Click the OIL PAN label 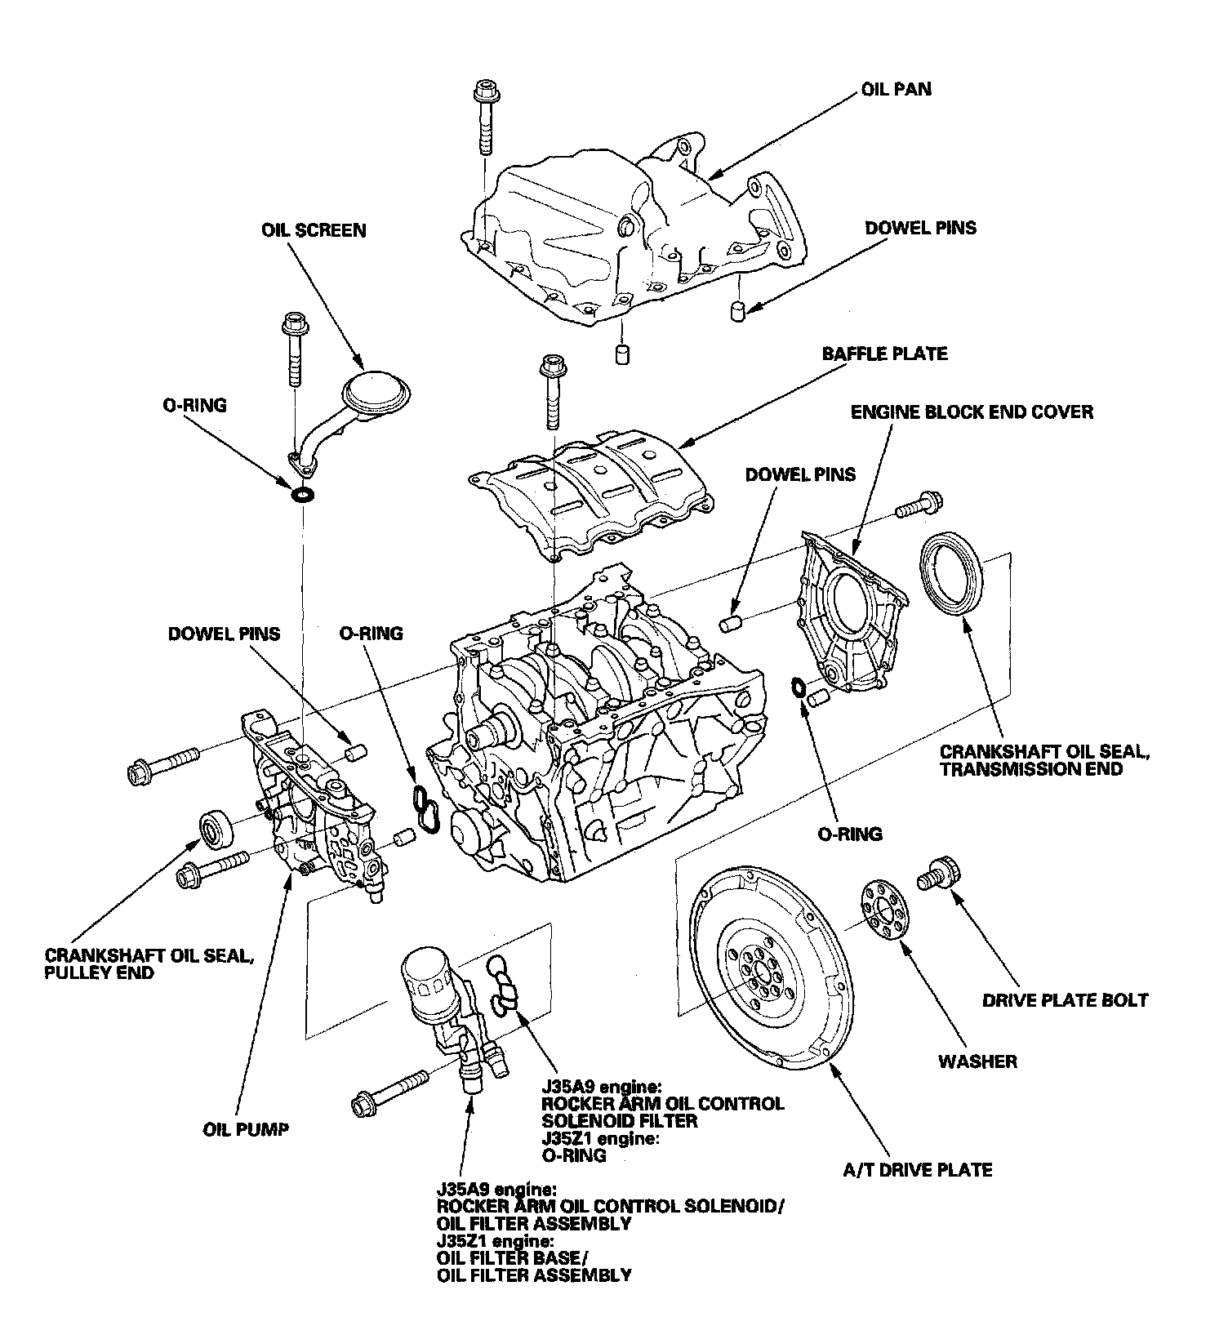coord(896,88)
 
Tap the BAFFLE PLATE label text coord(884,354)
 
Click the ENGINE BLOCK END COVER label coord(972,412)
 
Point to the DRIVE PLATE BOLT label coord(1066,1000)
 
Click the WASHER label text coord(977,1061)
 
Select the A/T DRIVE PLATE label coord(918,1170)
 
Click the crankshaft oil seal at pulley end coord(216,832)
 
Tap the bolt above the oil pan coord(485,116)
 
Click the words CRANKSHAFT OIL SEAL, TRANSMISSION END coord(1044,759)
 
